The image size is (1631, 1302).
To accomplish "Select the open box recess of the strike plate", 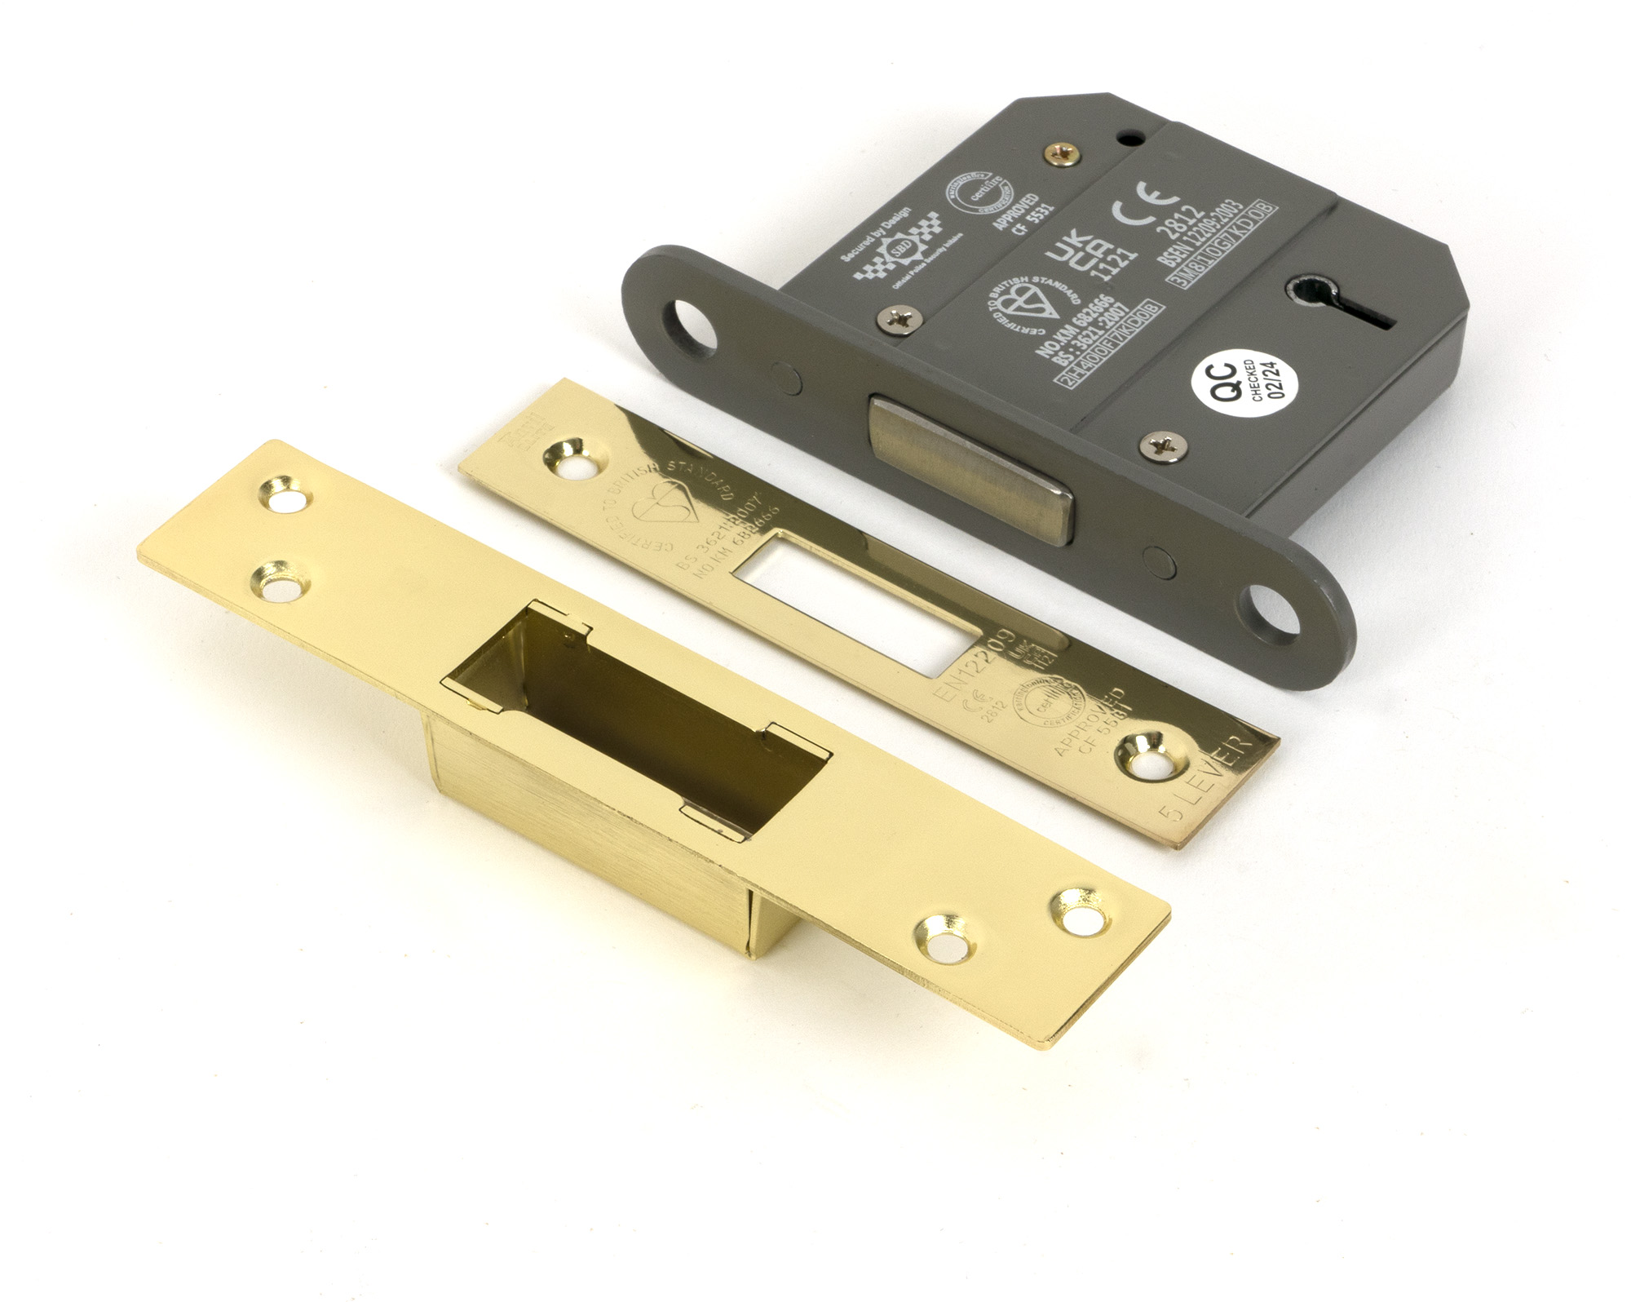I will (636, 718).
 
